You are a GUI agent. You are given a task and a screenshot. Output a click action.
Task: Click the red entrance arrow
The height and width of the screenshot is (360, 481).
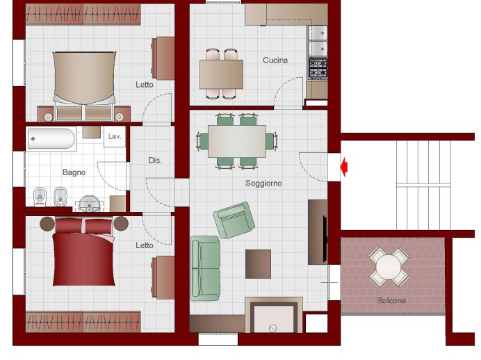coord(344,167)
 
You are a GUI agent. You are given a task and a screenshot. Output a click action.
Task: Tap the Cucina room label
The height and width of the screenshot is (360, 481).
coord(275,60)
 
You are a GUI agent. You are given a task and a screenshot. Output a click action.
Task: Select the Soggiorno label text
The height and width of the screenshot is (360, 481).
coord(263,183)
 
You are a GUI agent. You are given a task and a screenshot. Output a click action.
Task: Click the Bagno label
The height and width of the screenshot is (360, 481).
coord(74,172)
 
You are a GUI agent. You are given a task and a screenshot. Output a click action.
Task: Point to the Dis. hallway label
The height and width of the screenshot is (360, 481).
coord(155,161)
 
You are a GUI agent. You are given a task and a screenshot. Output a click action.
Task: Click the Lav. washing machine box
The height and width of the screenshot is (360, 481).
coord(115,137)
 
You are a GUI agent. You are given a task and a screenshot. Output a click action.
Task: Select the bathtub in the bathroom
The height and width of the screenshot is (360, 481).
coord(51,139)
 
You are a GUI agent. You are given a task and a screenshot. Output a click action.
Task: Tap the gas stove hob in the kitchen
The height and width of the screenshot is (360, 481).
coord(318,68)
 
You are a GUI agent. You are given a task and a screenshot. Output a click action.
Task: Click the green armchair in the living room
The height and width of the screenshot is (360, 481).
coord(234,220)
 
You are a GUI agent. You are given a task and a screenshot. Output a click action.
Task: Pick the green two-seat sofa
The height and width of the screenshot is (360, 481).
coord(205,268)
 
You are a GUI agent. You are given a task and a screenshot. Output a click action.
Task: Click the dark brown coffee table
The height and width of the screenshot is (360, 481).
coord(258,263)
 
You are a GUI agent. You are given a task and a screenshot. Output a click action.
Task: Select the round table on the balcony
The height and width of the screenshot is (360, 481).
coord(389,267)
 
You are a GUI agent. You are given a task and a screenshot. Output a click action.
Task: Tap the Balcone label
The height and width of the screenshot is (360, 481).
coord(391,300)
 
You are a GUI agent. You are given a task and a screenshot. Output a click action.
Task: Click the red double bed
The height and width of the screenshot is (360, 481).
coord(83,252)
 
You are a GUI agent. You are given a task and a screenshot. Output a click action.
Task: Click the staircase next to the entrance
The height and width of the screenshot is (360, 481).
coord(423,185)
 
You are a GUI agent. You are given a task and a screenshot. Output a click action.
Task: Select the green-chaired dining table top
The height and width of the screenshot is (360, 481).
coord(237,141)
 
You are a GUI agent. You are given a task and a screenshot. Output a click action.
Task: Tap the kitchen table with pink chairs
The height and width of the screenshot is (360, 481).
coord(222,74)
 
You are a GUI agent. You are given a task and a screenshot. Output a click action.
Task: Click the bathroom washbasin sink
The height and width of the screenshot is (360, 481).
coord(89,203)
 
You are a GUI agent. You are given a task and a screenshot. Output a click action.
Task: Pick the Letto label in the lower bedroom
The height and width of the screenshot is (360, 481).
coord(145,245)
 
